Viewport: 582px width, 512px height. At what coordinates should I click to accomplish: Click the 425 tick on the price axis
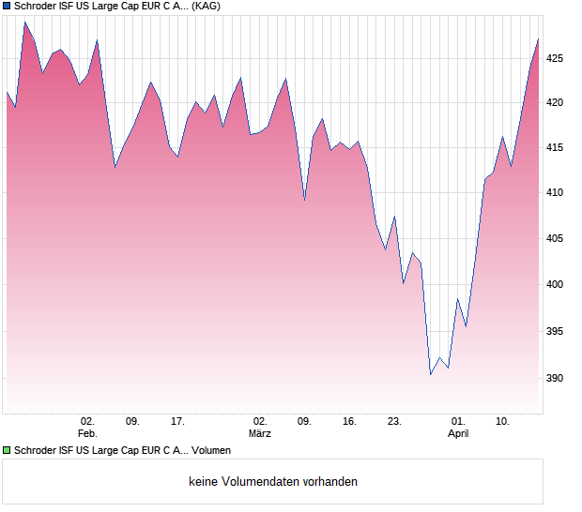(x=555, y=58)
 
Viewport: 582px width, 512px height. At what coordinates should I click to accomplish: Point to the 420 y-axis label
(x=555, y=102)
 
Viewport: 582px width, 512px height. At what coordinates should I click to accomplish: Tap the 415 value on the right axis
(x=555, y=147)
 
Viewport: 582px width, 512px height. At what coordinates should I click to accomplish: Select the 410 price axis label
(x=555, y=193)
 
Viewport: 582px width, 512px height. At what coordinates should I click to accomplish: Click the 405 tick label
(x=555, y=239)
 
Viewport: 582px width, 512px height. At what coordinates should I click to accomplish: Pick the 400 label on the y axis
(x=555, y=285)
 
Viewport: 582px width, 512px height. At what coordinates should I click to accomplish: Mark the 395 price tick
(x=555, y=332)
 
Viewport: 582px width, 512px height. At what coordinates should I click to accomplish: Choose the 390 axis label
(x=555, y=379)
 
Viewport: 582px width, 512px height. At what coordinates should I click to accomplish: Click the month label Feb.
(x=87, y=434)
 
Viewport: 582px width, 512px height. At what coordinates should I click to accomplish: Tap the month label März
(x=260, y=434)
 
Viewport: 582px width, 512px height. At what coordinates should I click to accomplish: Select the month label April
(x=458, y=434)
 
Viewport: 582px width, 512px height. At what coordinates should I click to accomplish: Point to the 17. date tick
(x=178, y=422)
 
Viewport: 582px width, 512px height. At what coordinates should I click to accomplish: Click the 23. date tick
(x=394, y=422)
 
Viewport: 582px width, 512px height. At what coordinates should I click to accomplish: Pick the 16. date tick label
(x=349, y=422)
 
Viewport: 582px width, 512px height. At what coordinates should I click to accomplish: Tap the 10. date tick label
(x=503, y=422)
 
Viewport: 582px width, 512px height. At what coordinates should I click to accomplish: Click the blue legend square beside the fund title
(x=8, y=7)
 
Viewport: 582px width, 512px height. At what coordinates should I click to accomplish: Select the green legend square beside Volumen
(x=8, y=451)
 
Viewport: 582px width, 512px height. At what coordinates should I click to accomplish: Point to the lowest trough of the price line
(x=431, y=375)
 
